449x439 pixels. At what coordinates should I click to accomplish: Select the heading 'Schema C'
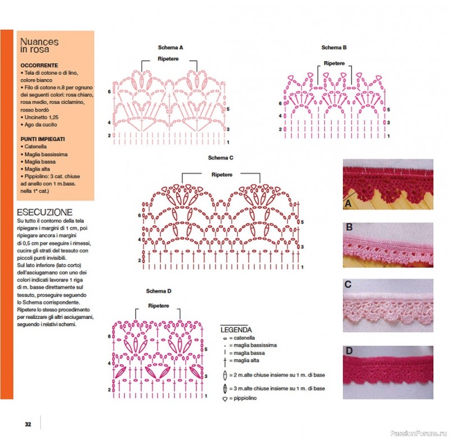point(221,158)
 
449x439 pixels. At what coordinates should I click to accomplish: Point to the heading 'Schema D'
point(159,291)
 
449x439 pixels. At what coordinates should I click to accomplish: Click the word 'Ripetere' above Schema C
point(222,175)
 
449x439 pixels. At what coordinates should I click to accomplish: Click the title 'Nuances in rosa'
point(39,45)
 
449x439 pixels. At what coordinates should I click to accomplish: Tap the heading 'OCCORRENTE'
point(39,65)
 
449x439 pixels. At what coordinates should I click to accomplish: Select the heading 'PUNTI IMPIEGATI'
point(43,138)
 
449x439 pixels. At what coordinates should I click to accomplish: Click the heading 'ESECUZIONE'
point(44,212)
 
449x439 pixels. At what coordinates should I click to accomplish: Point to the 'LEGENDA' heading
point(236,330)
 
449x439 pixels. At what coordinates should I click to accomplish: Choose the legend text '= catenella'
point(242,338)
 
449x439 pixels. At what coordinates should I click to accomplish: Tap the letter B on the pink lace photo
point(349,227)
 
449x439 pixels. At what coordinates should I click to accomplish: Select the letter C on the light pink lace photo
point(349,285)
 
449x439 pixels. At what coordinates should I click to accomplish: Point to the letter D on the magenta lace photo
point(349,352)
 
